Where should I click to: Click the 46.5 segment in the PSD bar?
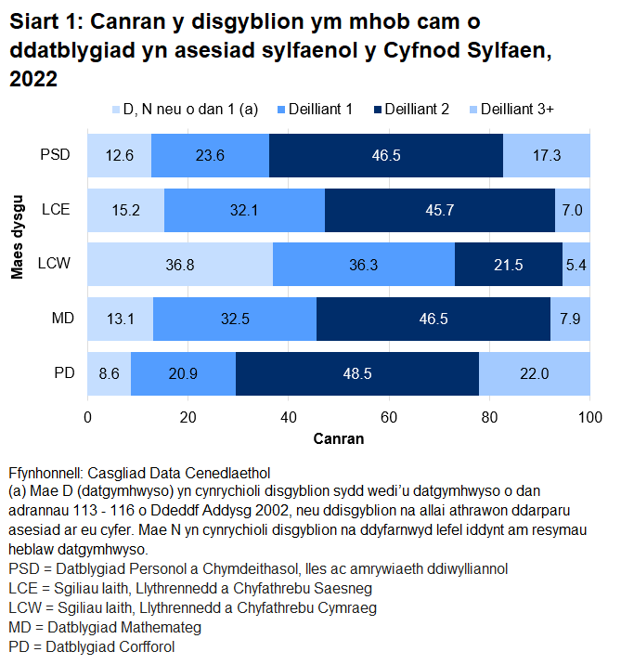click(x=386, y=155)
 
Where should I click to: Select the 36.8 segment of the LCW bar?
click(x=180, y=265)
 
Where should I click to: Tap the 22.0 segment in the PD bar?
click(x=535, y=374)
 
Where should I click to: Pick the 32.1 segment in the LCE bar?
click(x=244, y=210)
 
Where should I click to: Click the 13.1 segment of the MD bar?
click(x=121, y=319)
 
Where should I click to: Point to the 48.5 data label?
click(x=357, y=374)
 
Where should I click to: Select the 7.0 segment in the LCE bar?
click(x=572, y=210)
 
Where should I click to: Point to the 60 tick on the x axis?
click(x=389, y=417)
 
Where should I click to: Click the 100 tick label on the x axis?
click(x=589, y=417)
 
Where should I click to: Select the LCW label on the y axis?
click(x=58, y=265)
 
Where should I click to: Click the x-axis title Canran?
click(x=338, y=437)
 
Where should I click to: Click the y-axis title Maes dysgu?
click(x=17, y=237)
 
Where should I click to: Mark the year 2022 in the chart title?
click(x=33, y=81)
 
